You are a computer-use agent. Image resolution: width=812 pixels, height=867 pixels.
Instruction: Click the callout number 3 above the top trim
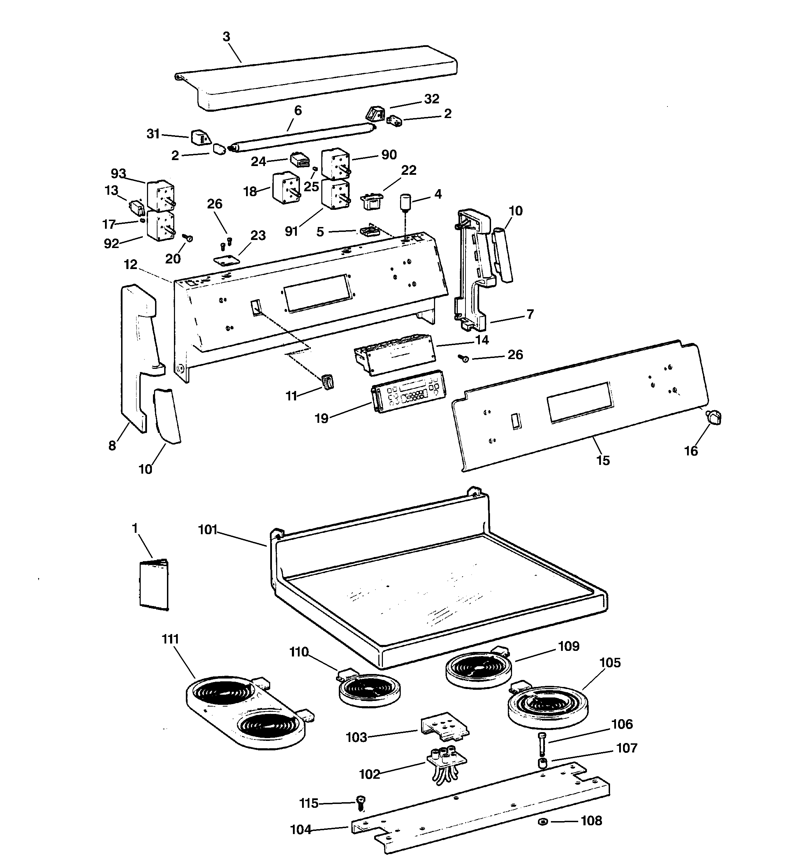(226, 37)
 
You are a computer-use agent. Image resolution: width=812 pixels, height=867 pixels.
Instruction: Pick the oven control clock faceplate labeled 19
(407, 392)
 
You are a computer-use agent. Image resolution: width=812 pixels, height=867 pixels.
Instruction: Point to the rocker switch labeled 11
(328, 381)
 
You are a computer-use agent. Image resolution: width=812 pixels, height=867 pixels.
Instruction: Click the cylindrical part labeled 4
(407, 202)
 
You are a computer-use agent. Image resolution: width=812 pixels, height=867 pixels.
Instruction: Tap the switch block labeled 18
(286, 187)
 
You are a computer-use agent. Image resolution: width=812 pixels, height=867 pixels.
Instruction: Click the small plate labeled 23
(227, 261)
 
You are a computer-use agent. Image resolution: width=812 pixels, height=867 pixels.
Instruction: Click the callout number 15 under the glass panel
(603, 460)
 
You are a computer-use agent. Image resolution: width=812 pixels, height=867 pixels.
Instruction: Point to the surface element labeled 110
(370, 689)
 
